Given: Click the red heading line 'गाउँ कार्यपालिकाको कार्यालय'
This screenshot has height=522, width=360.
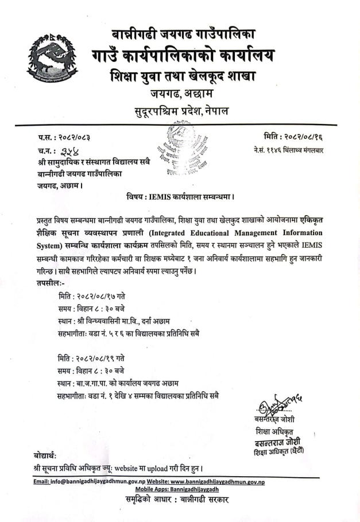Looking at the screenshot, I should [183, 56].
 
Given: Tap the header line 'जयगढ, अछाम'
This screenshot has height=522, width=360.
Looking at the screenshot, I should [183, 92].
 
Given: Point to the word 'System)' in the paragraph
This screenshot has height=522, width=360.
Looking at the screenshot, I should [48, 246].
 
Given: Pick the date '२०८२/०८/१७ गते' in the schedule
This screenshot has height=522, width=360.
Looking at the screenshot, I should [106, 295].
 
